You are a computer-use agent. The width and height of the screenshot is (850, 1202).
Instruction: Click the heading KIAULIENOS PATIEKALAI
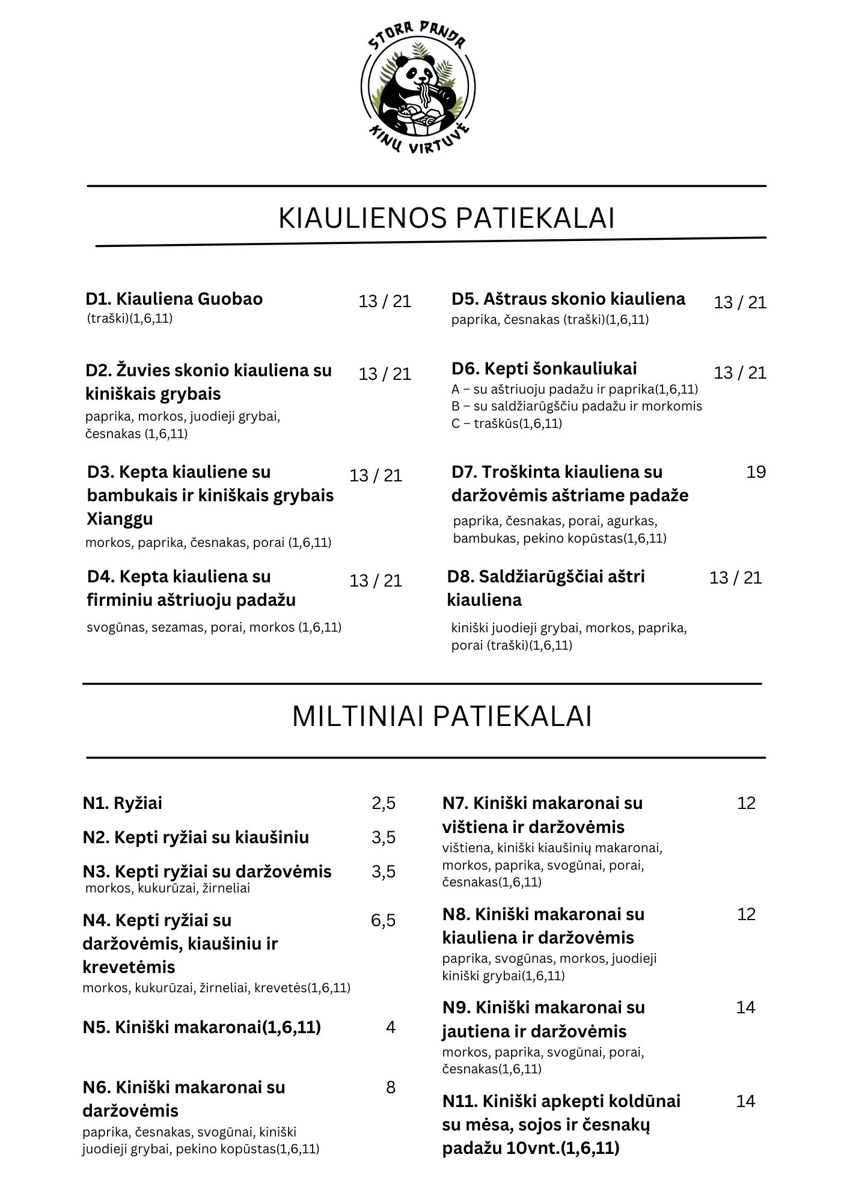pyautogui.click(x=446, y=218)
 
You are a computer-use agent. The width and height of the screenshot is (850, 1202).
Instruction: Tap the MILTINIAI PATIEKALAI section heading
pyautogui.click(x=442, y=717)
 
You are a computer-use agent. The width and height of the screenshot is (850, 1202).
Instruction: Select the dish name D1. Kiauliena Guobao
pyautogui.click(x=174, y=299)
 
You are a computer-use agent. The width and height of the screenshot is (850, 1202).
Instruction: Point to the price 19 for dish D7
pyautogui.click(x=756, y=472)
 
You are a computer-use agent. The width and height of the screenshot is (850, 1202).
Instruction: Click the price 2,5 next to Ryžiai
pyautogui.click(x=384, y=803)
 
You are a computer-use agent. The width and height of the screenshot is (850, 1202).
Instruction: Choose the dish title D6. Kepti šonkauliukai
pyautogui.click(x=544, y=368)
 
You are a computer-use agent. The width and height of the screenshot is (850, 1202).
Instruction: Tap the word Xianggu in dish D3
pyautogui.click(x=120, y=518)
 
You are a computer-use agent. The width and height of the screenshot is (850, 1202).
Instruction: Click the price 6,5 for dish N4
pyautogui.click(x=384, y=920)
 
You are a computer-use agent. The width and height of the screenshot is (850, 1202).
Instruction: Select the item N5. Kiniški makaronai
pyautogui.click(x=201, y=1027)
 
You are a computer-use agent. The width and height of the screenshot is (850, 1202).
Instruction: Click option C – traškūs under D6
pyautogui.click(x=506, y=423)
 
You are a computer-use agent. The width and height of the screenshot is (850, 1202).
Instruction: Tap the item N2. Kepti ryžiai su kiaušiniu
pyautogui.click(x=196, y=837)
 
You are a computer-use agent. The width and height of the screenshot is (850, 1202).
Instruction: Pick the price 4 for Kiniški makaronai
pyautogui.click(x=391, y=1027)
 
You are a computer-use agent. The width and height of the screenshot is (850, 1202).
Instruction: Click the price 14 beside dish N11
pyautogui.click(x=745, y=1101)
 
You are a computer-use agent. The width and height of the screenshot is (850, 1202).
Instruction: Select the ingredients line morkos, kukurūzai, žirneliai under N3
pyautogui.click(x=168, y=888)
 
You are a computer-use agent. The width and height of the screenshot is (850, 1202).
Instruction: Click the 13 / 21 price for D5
pyautogui.click(x=740, y=302)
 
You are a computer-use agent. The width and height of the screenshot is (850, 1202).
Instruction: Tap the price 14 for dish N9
pyautogui.click(x=745, y=1007)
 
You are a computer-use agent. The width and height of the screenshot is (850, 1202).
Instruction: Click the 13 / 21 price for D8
pyautogui.click(x=735, y=578)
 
